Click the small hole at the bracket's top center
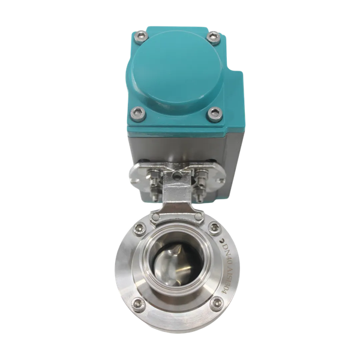[178, 175]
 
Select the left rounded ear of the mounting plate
[135, 178]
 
